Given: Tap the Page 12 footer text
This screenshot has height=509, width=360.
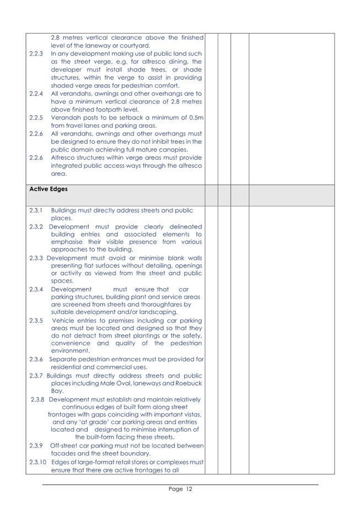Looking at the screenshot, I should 180,489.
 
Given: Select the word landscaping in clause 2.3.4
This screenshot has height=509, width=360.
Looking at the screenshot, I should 157,312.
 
